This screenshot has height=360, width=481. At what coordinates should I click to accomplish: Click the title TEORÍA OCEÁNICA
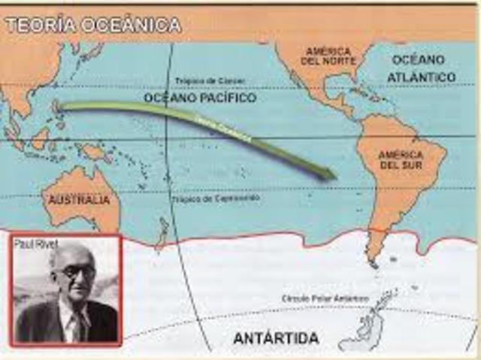point(93,25)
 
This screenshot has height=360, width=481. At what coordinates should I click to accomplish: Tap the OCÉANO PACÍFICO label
point(199,98)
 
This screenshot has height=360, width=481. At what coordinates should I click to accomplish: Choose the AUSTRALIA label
point(79,200)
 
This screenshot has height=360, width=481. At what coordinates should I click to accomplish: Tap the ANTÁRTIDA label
point(276,339)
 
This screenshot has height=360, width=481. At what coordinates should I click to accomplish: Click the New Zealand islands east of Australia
point(162,230)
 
